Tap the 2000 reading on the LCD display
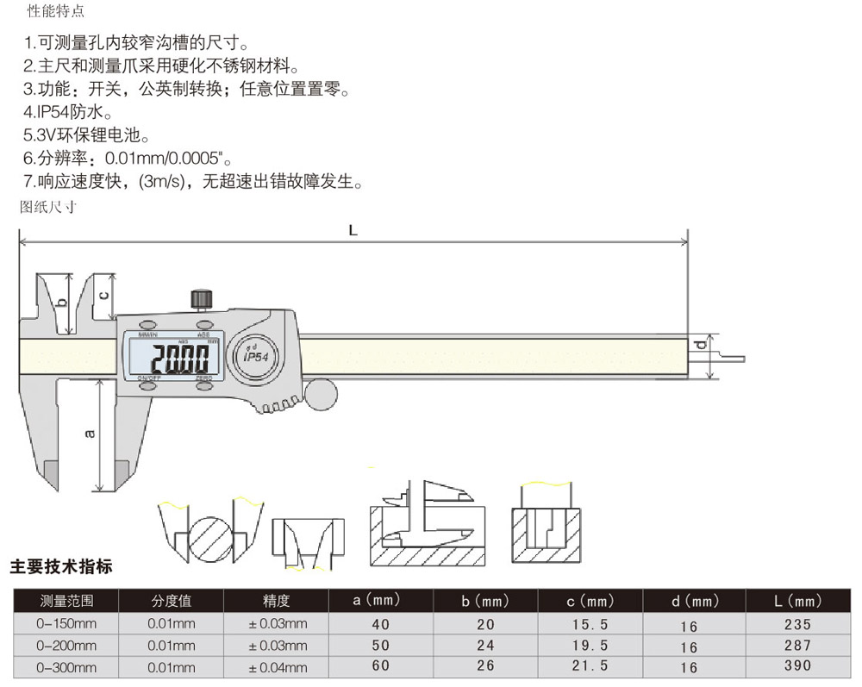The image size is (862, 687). click(x=180, y=357)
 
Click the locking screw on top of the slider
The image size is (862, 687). click(x=202, y=298)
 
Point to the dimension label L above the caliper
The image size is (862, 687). click(x=353, y=230)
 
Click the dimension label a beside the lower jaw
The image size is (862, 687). click(x=90, y=434)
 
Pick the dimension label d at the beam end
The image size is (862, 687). click(x=701, y=347)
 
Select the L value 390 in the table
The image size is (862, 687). click(x=797, y=666)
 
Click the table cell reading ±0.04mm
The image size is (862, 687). click(x=278, y=667)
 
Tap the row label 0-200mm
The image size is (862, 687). click(x=66, y=646)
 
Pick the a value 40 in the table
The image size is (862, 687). click(x=380, y=624)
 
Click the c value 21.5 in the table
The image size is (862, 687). click(x=590, y=666)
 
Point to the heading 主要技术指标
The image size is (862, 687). click(x=61, y=567)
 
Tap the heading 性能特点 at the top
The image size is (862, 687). click(x=56, y=11)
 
